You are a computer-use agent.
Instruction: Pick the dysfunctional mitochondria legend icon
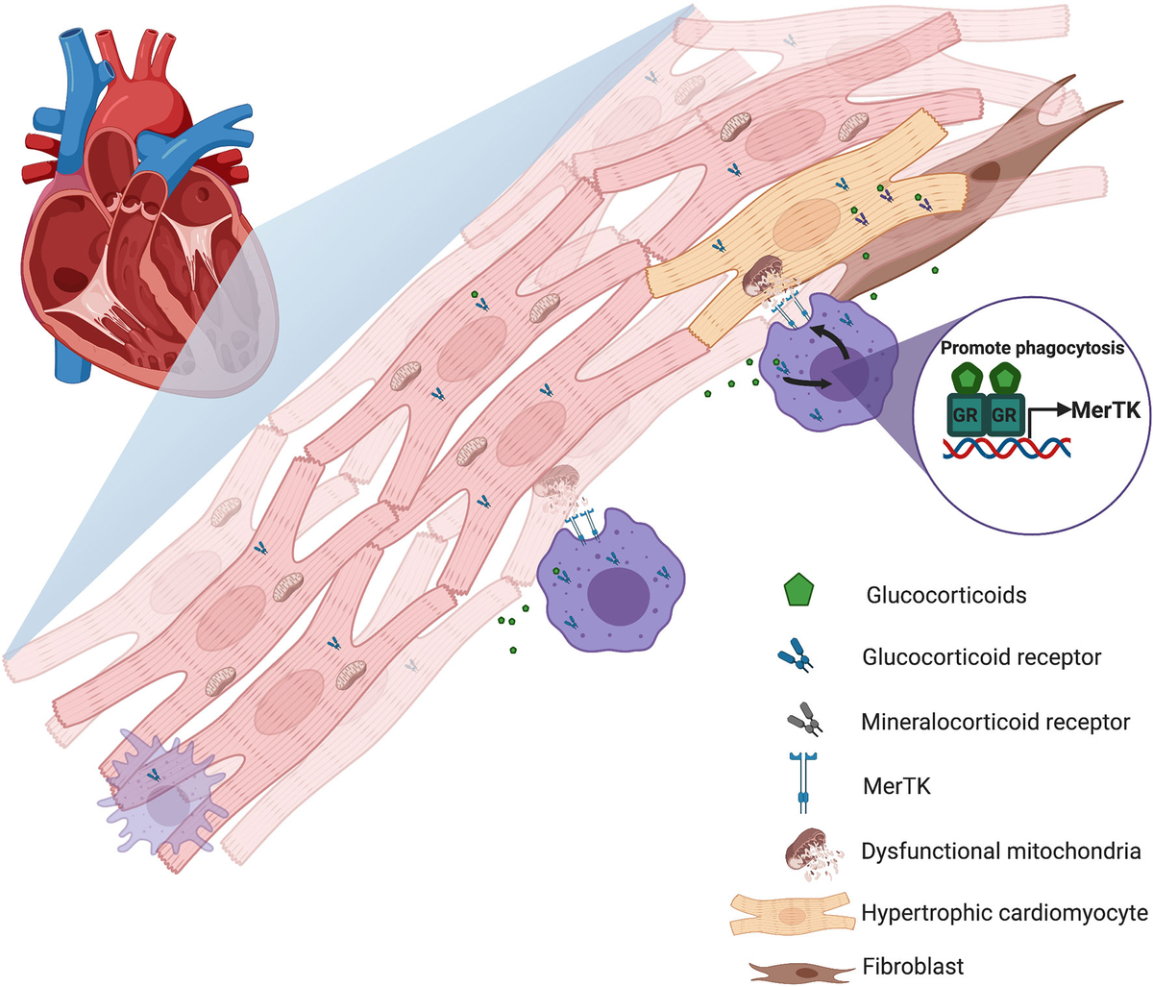805,849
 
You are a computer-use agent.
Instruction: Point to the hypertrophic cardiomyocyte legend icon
791,913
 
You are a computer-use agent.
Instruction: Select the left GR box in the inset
966,413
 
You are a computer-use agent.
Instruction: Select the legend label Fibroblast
913,966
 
